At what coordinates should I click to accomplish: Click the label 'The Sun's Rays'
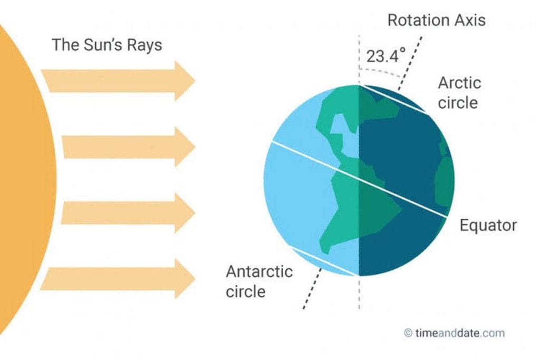[x=107, y=45]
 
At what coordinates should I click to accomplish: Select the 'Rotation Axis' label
[x=436, y=21]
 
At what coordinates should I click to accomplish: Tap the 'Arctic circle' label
[x=459, y=92]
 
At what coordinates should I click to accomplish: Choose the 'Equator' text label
[x=488, y=226]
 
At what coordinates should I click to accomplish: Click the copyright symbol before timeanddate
[x=408, y=333]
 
